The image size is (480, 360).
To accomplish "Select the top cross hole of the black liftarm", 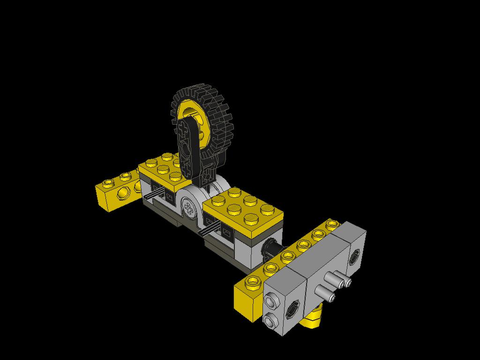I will [x=183, y=127].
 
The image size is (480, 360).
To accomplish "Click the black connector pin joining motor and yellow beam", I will [x=271, y=248].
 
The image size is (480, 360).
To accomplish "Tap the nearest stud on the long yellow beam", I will [x=253, y=281].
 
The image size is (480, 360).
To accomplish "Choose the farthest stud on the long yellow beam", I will [x=333, y=224].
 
